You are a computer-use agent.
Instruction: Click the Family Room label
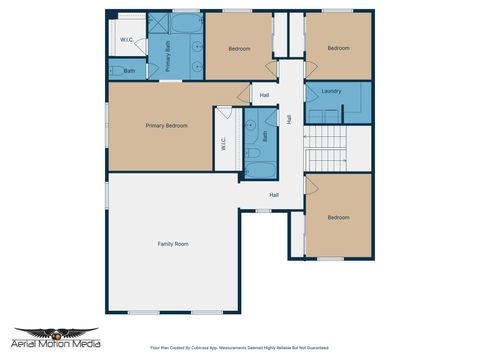173,244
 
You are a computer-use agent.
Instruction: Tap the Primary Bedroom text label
167,125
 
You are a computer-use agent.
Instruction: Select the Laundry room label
332,91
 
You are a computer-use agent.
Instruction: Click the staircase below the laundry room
325,150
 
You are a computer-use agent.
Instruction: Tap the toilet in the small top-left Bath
115,71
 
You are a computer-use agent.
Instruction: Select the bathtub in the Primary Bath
186,23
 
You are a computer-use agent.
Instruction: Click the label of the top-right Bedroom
338,48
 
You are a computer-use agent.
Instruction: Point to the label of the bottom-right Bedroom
338,217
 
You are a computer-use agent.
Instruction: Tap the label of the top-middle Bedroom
239,48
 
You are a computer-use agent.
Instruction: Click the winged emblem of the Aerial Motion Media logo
56,333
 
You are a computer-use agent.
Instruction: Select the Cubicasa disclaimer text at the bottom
239,349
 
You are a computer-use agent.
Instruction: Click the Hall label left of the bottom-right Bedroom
273,195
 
